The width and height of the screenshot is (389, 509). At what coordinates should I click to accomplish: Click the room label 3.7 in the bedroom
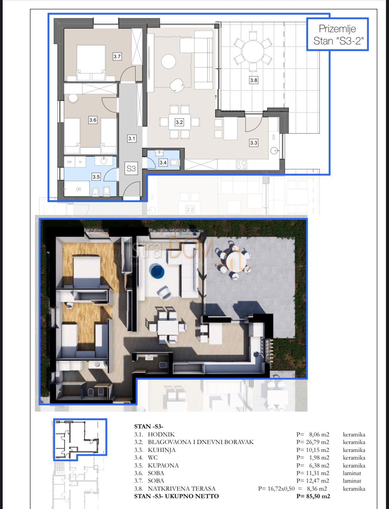click(117, 57)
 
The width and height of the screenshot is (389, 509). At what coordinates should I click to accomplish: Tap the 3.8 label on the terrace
click(253, 80)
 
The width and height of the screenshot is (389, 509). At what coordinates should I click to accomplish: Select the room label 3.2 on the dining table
click(179, 122)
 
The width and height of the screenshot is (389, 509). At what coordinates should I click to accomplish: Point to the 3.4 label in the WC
click(163, 163)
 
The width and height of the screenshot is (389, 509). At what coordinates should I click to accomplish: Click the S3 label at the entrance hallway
click(131, 169)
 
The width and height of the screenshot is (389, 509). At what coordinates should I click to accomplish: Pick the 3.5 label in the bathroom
click(96, 177)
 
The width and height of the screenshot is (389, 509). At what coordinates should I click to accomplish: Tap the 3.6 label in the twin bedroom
click(93, 120)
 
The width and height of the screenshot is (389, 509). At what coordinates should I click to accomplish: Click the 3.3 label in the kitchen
click(253, 143)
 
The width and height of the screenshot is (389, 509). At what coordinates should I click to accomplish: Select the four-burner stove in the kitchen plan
click(242, 164)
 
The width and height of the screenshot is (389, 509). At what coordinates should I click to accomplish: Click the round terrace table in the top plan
click(253, 51)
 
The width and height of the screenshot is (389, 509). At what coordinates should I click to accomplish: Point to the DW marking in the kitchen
click(274, 137)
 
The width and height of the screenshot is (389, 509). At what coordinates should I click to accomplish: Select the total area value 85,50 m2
click(313, 496)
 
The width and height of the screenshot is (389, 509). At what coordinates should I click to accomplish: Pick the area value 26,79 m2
click(316, 442)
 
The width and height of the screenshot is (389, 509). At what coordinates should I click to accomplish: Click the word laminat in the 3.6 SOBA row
click(352, 473)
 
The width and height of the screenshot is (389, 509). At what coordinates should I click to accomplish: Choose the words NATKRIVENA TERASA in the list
click(181, 489)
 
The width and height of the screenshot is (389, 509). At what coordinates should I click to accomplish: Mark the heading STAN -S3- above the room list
click(148, 427)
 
